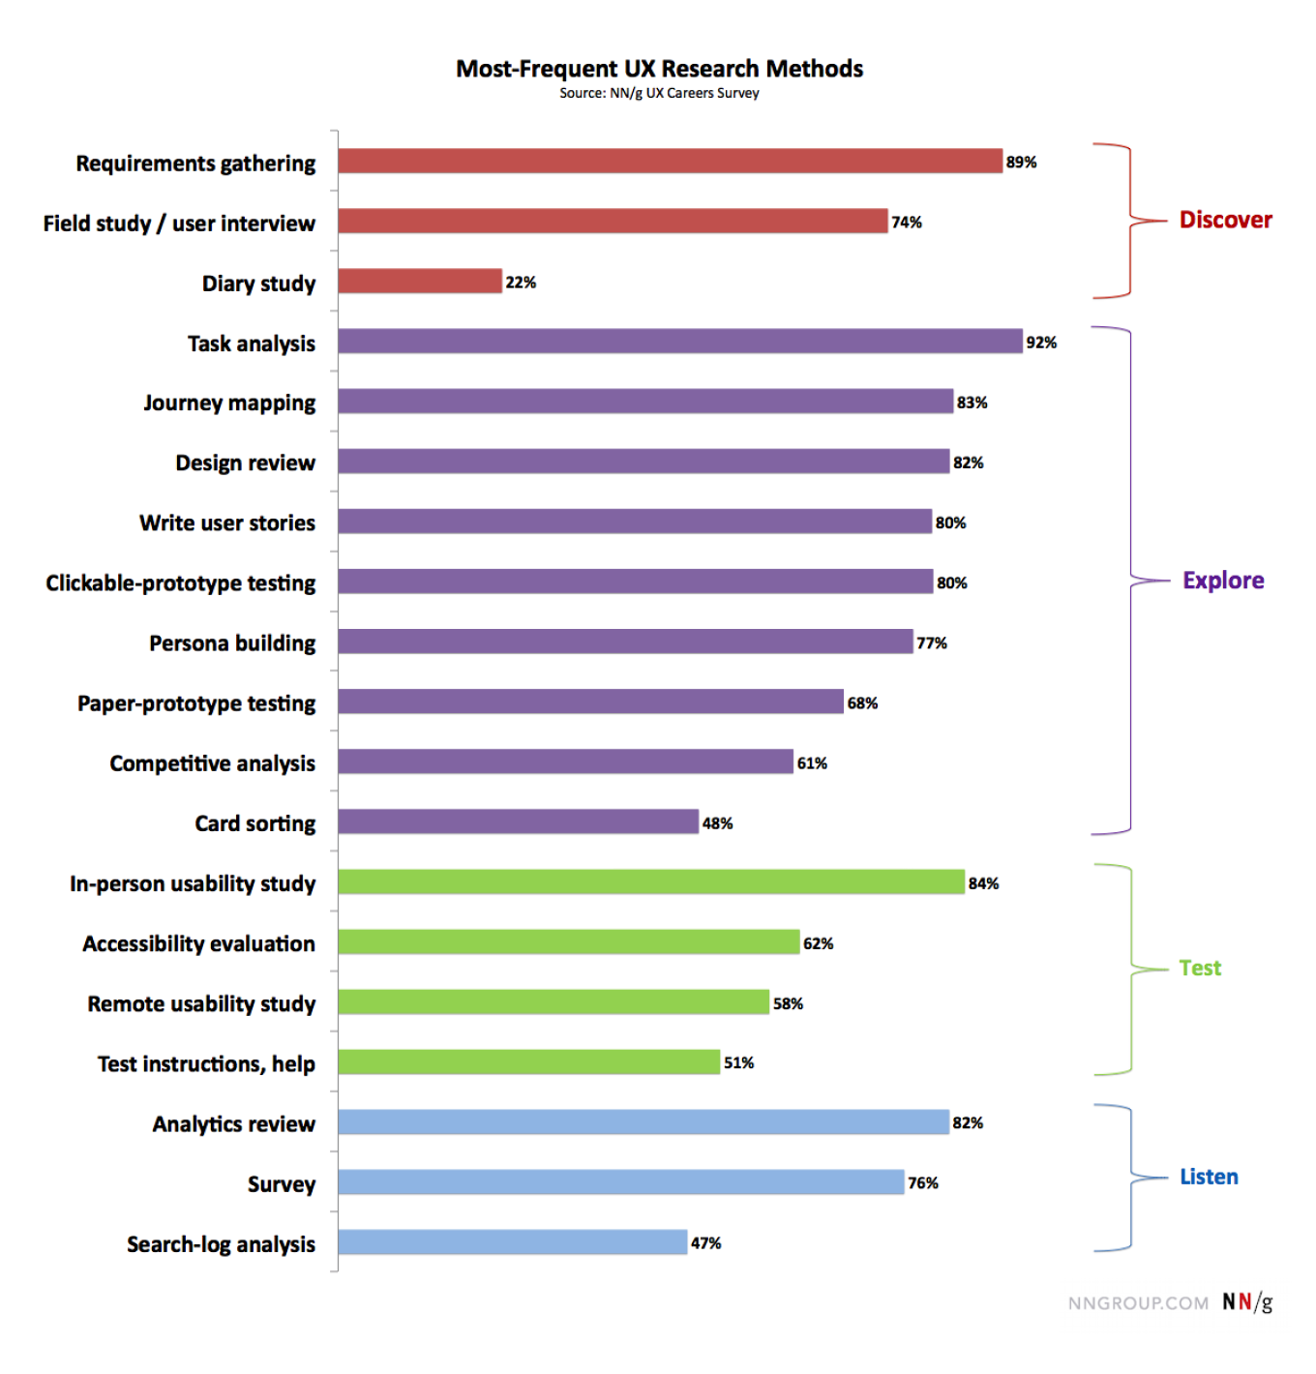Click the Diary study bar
coord(420,282)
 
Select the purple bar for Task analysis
coord(679,342)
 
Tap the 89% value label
coord(1021,163)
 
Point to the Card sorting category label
coord(254,823)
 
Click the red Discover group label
coord(1225,220)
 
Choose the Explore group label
coord(1223,581)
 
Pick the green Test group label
coord(1200,968)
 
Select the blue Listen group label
coord(1209,1177)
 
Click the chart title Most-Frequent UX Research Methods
coord(659,69)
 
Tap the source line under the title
coord(659,93)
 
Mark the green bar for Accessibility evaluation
coord(569,942)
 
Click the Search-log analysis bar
coord(513,1242)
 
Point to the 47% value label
coord(705,1243)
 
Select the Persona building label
coord(232,643)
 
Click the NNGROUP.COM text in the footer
coord(1138,1303)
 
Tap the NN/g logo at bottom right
coord(1247,1302)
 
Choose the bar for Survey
coord(620,1182)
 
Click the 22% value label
coord(521,283)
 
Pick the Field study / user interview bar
coord(613,222)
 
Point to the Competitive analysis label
coord(212,763)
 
